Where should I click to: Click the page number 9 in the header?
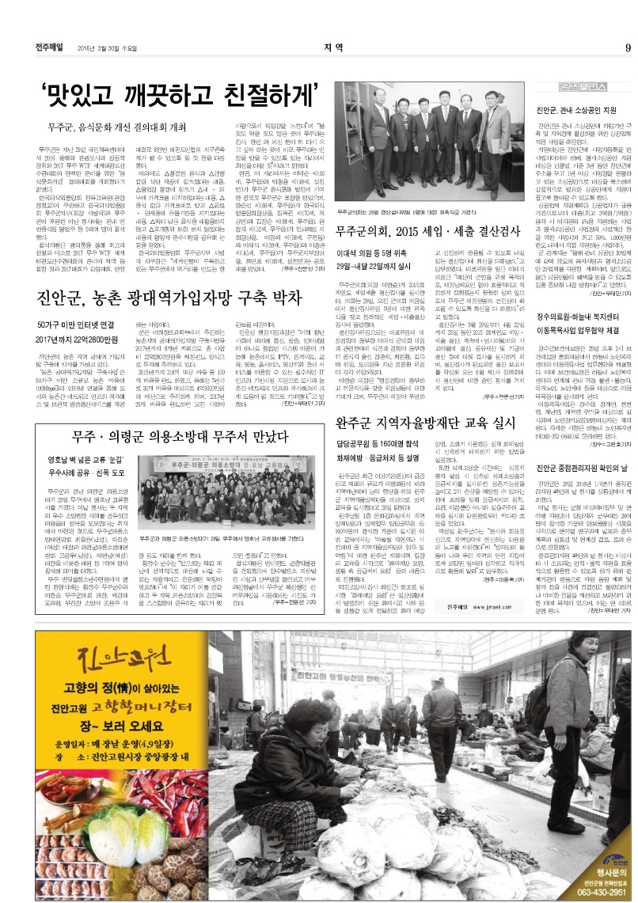coord(626,47)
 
